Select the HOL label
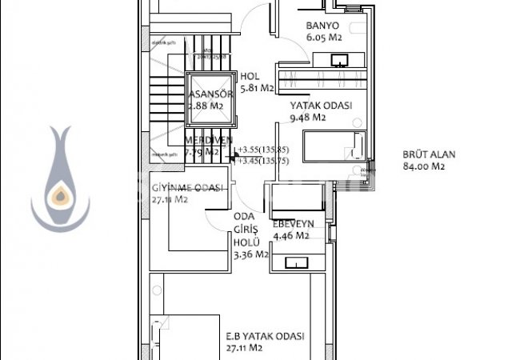(250, 77)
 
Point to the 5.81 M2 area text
(257, 88)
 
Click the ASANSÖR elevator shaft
(209, 100)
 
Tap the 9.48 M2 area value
(308, 117)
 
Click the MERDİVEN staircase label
(208, 140)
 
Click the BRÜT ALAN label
(423, 156)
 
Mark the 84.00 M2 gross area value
(424, 167)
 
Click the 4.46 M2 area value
(291, 236)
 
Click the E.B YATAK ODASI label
(265, 337)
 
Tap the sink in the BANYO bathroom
(339, 59)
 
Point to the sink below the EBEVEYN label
(297, 262)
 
